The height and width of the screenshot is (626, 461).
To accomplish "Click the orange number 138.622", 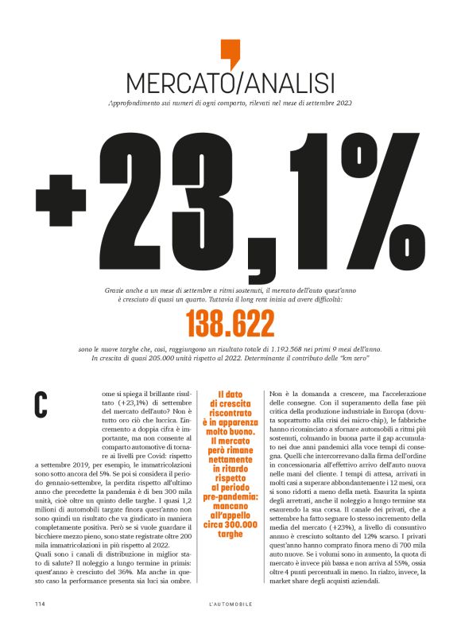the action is point(230,324).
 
